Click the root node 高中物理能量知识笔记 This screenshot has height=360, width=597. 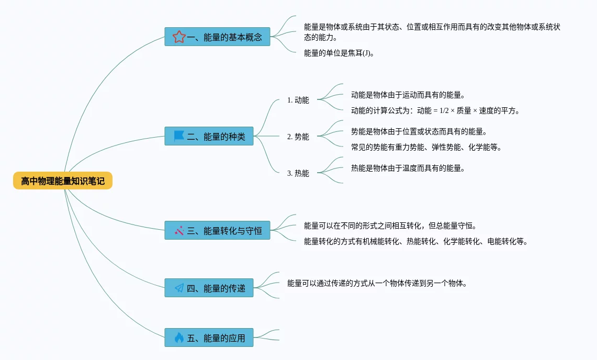point(63,181)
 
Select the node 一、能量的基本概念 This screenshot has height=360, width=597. point(217,37)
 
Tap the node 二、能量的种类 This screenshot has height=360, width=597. point(209,136)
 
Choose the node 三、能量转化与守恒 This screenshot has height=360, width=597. point(217,230)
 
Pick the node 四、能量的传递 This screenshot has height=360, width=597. point(209,288)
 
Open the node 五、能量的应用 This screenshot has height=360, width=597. point(209,337)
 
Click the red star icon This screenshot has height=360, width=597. point(179,37)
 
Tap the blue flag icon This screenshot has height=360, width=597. point(179,136)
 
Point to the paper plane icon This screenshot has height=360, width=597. point(179,288)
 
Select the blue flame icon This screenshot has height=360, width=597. point(179,337)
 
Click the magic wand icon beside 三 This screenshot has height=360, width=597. point(179,230)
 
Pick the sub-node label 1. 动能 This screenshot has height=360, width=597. point(298,100)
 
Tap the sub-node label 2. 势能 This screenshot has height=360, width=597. point(298,137)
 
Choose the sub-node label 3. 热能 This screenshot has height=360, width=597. point(298,173)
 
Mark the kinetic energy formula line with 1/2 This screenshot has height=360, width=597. point(435,110)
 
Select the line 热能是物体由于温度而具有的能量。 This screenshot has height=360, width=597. point(408,168)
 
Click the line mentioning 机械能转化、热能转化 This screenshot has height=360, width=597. point(416,241)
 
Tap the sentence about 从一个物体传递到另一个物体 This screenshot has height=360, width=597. point(377,283)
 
